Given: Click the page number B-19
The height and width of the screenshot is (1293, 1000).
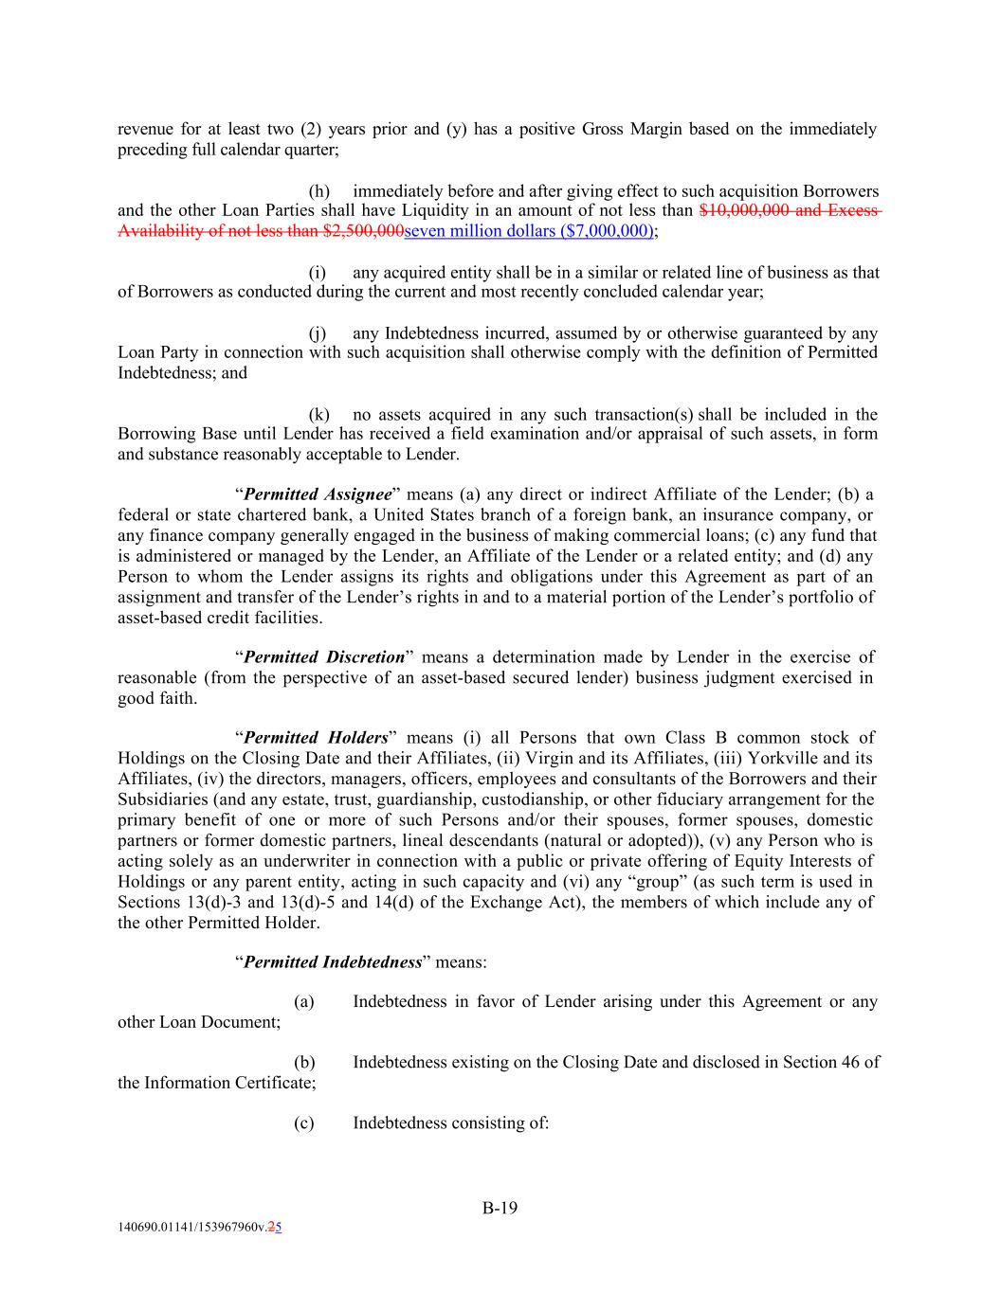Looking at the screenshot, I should coord(500,1208).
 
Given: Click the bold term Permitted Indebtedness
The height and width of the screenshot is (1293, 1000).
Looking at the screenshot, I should coord(333,961).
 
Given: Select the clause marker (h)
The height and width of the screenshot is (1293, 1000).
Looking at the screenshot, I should coord(319,191).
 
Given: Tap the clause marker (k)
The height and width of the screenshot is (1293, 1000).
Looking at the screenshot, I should coord(319,414).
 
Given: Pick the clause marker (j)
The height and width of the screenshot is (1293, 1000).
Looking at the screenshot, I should coord(318,333).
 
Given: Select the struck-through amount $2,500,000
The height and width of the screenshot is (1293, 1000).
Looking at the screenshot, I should coord(363,231).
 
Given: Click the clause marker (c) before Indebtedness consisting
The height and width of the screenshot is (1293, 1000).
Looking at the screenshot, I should coord(303,1122).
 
